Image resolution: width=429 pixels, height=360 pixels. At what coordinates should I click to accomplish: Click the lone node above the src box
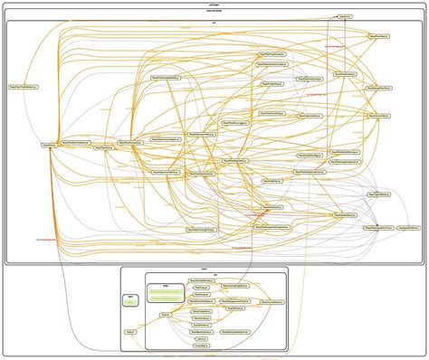[x=345, y=16]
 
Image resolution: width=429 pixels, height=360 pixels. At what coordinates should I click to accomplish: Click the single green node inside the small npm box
[x=131, y=303]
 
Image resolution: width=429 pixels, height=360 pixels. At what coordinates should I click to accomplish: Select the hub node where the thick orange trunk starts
[x=51, y=144]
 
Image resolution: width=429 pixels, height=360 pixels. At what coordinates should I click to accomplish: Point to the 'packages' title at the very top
[x=214, y=4]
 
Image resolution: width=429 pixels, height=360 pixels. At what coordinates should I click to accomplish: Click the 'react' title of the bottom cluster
[x=205, y=269]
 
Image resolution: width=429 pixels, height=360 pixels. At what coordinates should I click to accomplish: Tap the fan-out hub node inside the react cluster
[x=166, y=315]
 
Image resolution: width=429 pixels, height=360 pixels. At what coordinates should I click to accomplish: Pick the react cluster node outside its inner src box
[x=131, y=332]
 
